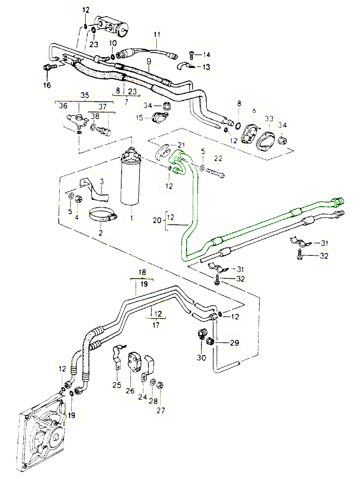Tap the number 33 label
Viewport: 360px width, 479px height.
point(269,119)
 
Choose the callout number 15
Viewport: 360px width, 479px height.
point(139,118)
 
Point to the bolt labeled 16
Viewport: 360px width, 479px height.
point(47,67)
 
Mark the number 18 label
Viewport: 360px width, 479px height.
point(142,272)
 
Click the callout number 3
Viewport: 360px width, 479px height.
point(102,181)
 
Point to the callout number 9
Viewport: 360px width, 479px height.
point(149,61)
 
